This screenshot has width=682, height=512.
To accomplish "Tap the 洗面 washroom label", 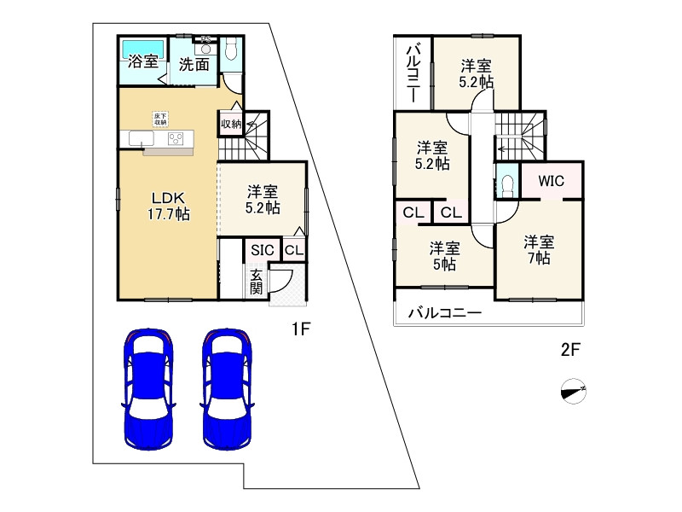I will click(194, 64).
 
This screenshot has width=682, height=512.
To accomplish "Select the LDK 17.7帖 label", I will click(166, 204).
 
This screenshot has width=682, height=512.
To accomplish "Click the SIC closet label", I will click(262, 250).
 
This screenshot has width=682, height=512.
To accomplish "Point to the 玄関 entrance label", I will click(256, 282).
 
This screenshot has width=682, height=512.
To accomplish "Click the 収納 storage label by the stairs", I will click(231, 125).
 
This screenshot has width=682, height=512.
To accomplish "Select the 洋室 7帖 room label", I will click(538, 248).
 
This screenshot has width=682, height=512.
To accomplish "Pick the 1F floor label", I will click(298, 329).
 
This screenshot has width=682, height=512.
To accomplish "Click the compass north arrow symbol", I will click(575, 392).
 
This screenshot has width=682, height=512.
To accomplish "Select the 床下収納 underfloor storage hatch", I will click(160, 119).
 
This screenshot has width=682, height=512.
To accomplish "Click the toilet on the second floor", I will click(508, 184).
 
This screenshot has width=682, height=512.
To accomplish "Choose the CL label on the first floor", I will click(292, 250).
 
